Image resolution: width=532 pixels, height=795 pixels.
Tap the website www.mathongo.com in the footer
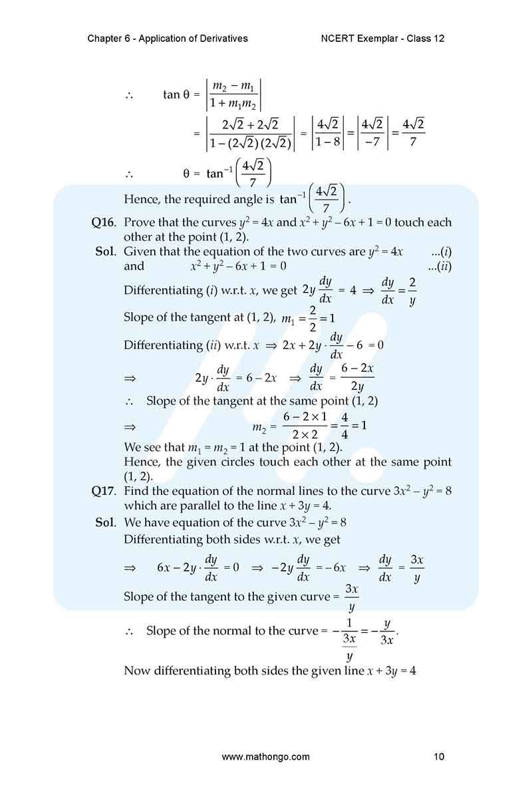265,756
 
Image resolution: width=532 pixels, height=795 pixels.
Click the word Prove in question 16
139,222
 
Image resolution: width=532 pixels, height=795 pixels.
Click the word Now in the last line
136,671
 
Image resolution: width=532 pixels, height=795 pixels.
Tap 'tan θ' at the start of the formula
176,94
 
